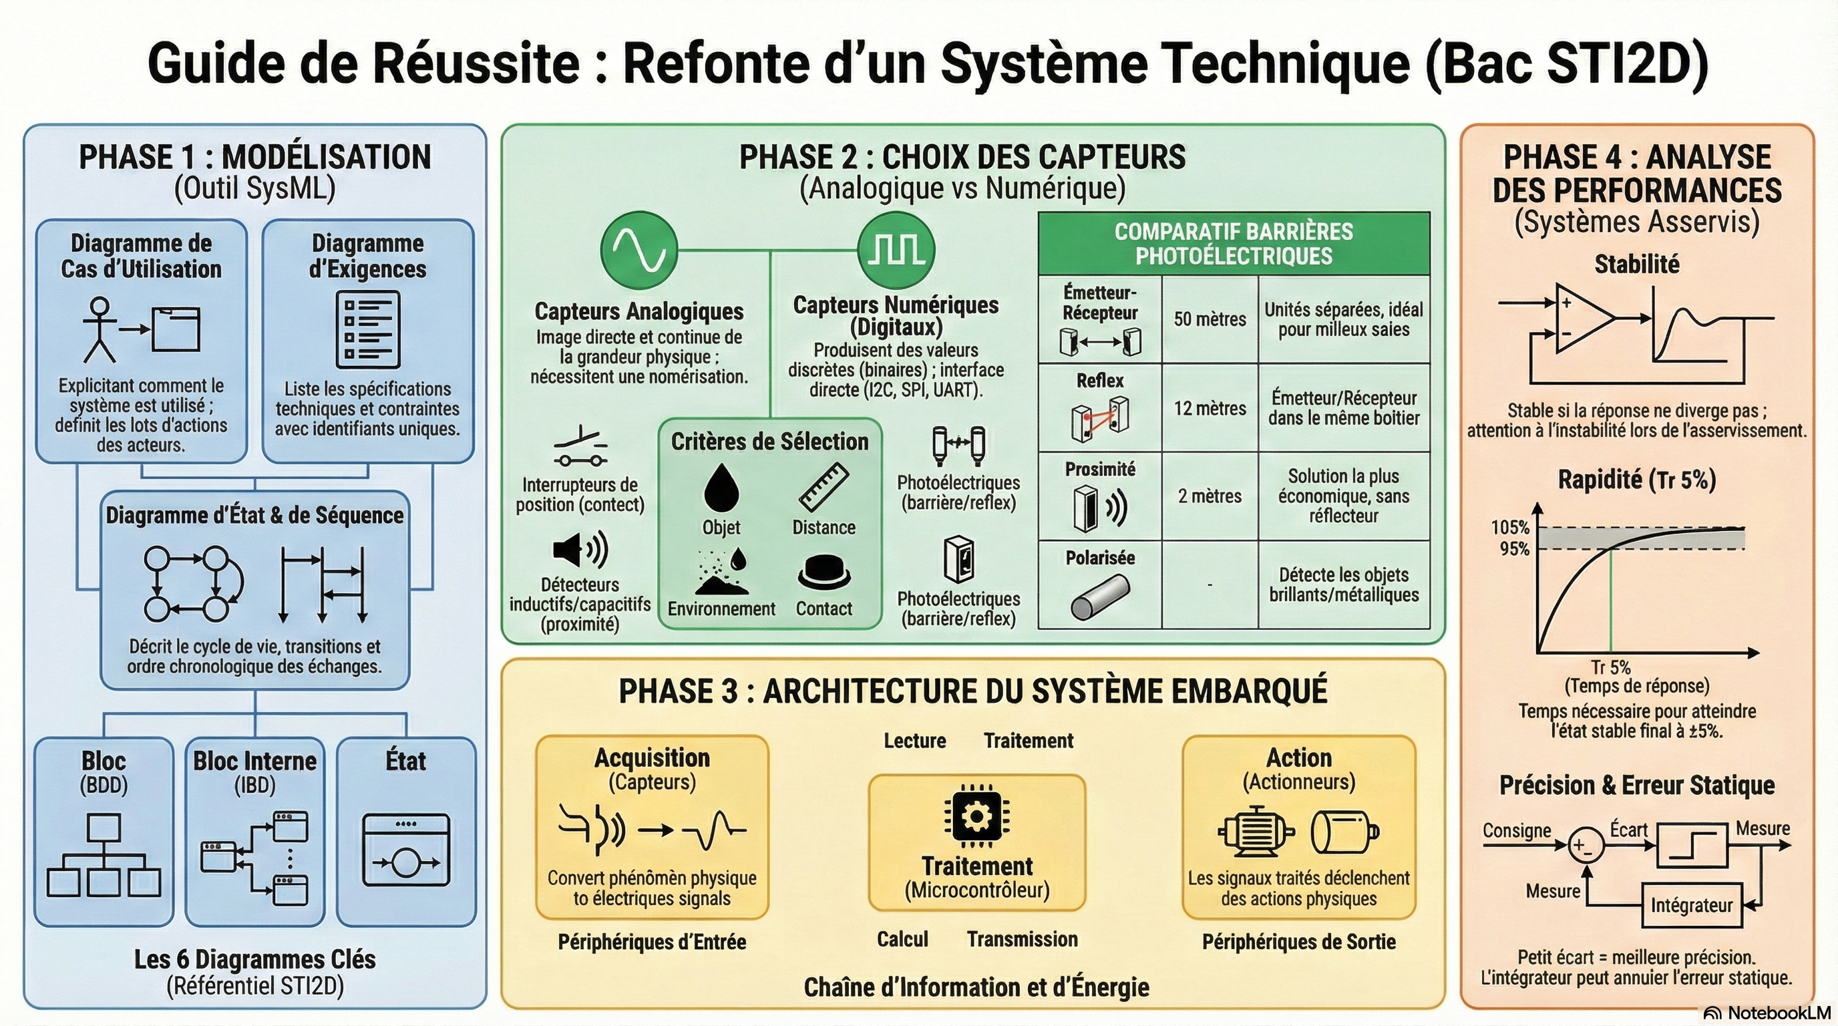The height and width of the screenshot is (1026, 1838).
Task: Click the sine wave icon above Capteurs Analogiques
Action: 638,250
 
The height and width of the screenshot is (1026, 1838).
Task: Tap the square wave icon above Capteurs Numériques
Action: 896,250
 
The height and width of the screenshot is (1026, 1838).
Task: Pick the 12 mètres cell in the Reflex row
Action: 1210,408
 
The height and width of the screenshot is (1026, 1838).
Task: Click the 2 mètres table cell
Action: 1210,496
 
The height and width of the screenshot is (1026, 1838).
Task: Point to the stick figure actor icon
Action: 99,329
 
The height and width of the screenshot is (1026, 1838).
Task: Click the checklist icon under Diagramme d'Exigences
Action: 367,329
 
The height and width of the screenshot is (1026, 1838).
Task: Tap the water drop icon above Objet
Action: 721,488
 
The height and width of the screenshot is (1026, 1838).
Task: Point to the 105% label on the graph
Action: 1510,527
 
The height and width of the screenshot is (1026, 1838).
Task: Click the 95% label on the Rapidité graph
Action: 1514,548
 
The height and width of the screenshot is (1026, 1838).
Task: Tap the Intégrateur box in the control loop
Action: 1691,905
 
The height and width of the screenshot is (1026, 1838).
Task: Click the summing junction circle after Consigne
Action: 1586,846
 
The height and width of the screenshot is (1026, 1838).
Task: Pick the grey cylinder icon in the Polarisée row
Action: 1099,596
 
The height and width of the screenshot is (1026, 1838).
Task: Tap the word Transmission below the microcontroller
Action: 1022,939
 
